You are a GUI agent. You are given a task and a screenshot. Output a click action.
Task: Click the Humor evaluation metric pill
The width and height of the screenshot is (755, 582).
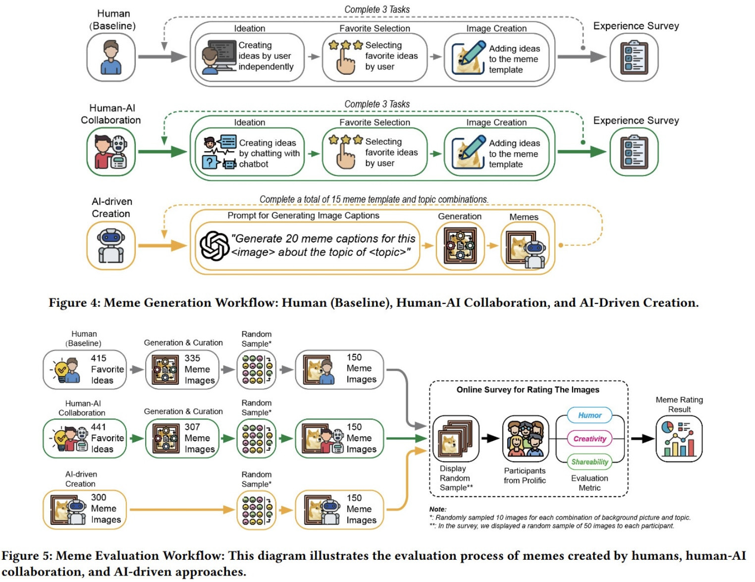point(589,415)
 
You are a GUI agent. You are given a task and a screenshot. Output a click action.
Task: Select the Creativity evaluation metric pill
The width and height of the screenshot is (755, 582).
point(589,439)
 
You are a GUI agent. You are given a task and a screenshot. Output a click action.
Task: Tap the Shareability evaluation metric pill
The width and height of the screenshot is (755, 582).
point(589,462)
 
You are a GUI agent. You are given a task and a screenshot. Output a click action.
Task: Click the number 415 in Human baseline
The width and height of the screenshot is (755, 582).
point(99,358)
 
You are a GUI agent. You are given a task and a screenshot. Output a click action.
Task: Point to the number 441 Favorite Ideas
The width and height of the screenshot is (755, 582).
point(98,427)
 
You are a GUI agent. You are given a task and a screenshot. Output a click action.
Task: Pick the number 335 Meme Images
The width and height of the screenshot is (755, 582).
point(192,358)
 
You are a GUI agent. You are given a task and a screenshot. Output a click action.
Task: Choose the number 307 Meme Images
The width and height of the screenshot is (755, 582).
point(192,427)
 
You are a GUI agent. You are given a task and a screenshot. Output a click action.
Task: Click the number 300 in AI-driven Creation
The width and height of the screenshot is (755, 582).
point(99,497)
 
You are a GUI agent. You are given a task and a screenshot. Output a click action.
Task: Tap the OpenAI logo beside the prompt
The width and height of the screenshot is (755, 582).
point(214,246)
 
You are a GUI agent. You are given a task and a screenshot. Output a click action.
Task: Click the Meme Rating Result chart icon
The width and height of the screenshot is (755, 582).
point(679,439)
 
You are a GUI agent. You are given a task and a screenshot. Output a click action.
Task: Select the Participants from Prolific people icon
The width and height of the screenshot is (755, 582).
point(525,439)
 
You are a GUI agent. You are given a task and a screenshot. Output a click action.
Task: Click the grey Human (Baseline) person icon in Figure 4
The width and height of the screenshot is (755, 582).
point(111,57)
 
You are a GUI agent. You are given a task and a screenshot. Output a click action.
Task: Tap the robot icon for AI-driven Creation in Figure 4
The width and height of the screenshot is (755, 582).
point(111,246)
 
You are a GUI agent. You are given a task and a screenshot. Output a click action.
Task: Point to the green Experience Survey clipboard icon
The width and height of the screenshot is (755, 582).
point(634,152)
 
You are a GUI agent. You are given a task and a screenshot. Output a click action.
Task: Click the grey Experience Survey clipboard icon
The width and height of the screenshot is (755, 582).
point(634,57)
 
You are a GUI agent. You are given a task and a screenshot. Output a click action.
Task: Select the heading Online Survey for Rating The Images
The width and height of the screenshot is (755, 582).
point(528,390)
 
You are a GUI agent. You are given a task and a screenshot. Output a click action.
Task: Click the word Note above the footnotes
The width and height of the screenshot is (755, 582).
point(437,509)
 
